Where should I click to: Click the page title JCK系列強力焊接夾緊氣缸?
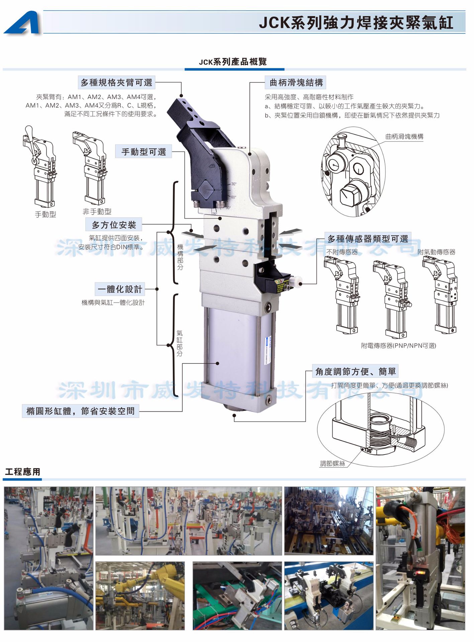(356, 23)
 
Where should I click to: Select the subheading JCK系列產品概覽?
(233, 62)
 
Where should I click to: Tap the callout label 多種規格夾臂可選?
(116, 83)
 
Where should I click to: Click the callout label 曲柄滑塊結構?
(296, 83)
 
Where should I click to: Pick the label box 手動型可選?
(144, 152)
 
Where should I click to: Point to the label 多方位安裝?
(114, 225)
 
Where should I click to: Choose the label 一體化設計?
(120, 289)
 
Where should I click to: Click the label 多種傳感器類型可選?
(368, 239)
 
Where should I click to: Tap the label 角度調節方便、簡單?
(355, 371)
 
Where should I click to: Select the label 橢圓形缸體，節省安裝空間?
(80, 411)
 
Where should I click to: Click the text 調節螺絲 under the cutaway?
(332, 463)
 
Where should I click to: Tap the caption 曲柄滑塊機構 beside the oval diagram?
(404, 136)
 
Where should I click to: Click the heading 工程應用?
(22, 472)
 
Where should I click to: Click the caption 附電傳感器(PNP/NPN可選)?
(398, 346)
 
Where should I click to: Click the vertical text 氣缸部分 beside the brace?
(180, 343)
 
